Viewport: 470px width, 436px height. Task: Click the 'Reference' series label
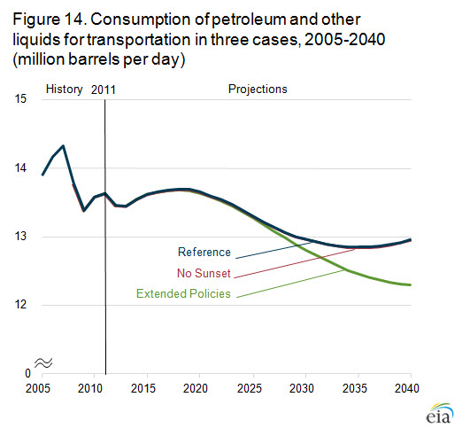pyautogui.click(x=204, y=252)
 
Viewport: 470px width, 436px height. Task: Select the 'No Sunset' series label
pyautogui.click(x=204, y=273)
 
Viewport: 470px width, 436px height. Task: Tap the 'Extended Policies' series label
pyautogui.click(x=183, y=293)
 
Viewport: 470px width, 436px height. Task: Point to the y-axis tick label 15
pyautogui.click(x=20, y=98)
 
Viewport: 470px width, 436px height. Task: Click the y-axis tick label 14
pyautogui.click(x=20, y=167)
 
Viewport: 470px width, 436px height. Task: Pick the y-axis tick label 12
pyautogui.click(x=20, y=305)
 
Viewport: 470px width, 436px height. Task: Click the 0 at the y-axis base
pyautogui.click(x=27, y=374)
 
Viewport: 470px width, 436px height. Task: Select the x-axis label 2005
pyautogui.click(x=38, y=388)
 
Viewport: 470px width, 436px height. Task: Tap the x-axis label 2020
pyautogui.click(x=196, y=388)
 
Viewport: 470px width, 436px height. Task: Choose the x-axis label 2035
pyautogui.click(x=355, y=388)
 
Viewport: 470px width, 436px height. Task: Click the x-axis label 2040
pyautogui.click(x=407, y=388)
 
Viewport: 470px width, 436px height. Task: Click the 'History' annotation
pyautogui.click(x=64, y=90)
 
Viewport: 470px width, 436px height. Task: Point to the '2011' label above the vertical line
pyautogui.click(x=103, y=90)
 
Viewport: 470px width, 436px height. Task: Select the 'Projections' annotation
pyautogui.click(x=258, y=90)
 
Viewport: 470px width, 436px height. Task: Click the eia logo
pyautogui.click(x=439, y=413)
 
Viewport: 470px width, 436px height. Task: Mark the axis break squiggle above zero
pyautogui.click(x=43, y=363)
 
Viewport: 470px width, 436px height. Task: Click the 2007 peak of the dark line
pyautogui.click(x=63, y=146)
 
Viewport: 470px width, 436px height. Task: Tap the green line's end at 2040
pyautogui.click(x=410, y=284)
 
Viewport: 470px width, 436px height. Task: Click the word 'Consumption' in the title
pyautogui.click(x=141, y=19)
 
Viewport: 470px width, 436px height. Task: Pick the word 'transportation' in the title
pyautogui.click(x=139, y=40)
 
